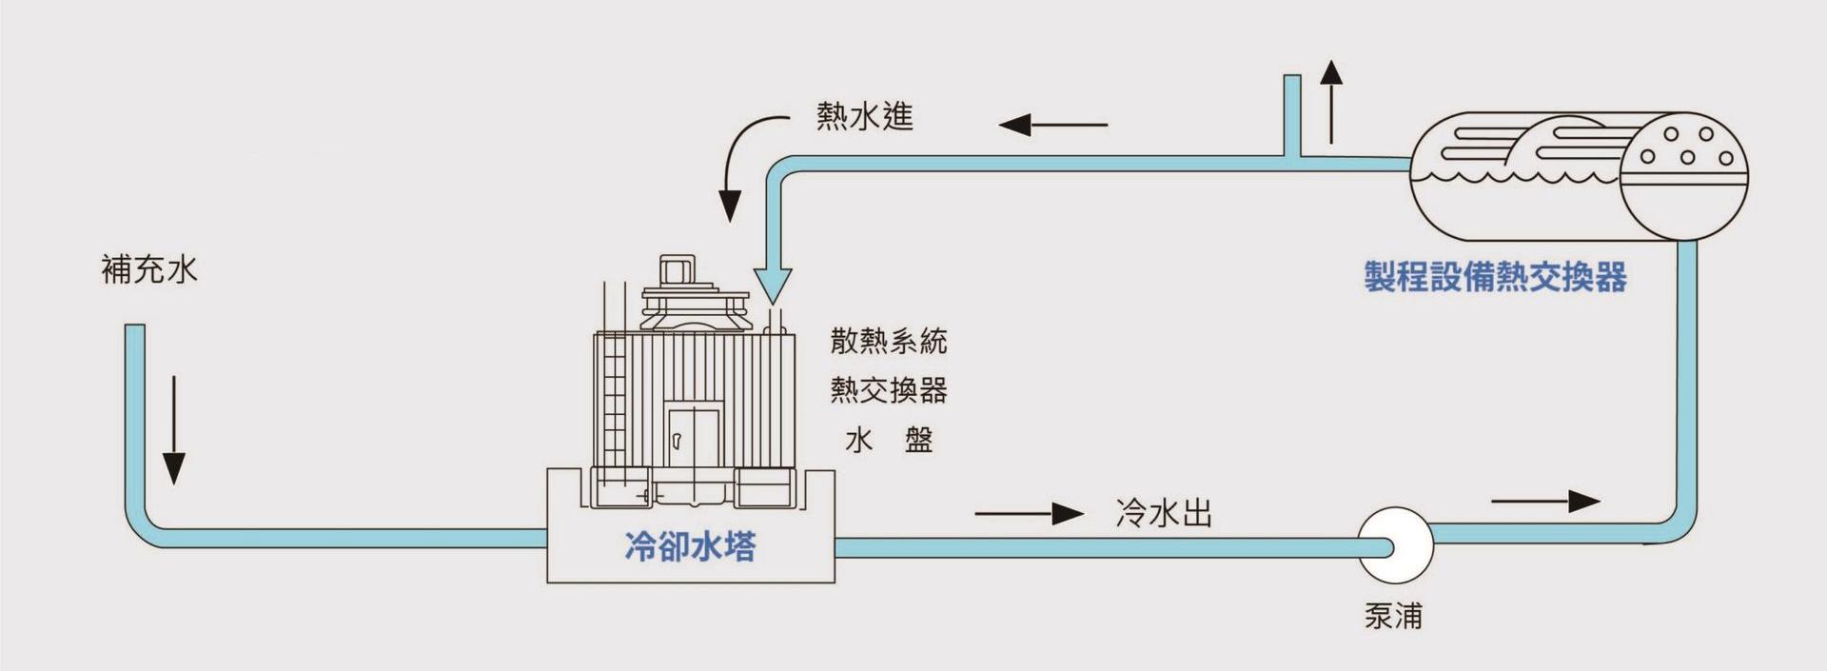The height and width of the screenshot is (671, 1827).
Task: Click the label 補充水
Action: pos(149,269)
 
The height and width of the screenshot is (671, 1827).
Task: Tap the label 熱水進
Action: pos(864,116)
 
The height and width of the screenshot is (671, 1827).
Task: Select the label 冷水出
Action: pos(1163,514)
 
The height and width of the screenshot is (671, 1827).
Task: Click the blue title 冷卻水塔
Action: pos(690,546)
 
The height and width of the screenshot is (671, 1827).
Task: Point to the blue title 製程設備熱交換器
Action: pos(1495,277)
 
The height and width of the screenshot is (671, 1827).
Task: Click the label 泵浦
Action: pos(1393,616)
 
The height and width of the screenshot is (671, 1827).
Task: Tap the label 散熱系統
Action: pos(889,341)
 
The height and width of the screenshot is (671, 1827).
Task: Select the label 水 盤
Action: pos(889,440)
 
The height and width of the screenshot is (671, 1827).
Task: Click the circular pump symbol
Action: pos(1394,545)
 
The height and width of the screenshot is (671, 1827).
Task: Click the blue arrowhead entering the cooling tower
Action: pos(773,284)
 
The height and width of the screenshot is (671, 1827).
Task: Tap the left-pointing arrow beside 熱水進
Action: pos(1052,125)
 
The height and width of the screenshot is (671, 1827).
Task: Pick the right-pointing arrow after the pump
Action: pos(1545,501)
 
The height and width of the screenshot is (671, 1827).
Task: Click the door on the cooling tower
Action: pos(693,440)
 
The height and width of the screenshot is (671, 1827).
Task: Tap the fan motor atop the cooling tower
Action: pos(677,271)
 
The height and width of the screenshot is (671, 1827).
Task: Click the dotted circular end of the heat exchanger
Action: pos(1684,176)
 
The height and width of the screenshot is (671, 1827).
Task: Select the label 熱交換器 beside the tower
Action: pos(889,390)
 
